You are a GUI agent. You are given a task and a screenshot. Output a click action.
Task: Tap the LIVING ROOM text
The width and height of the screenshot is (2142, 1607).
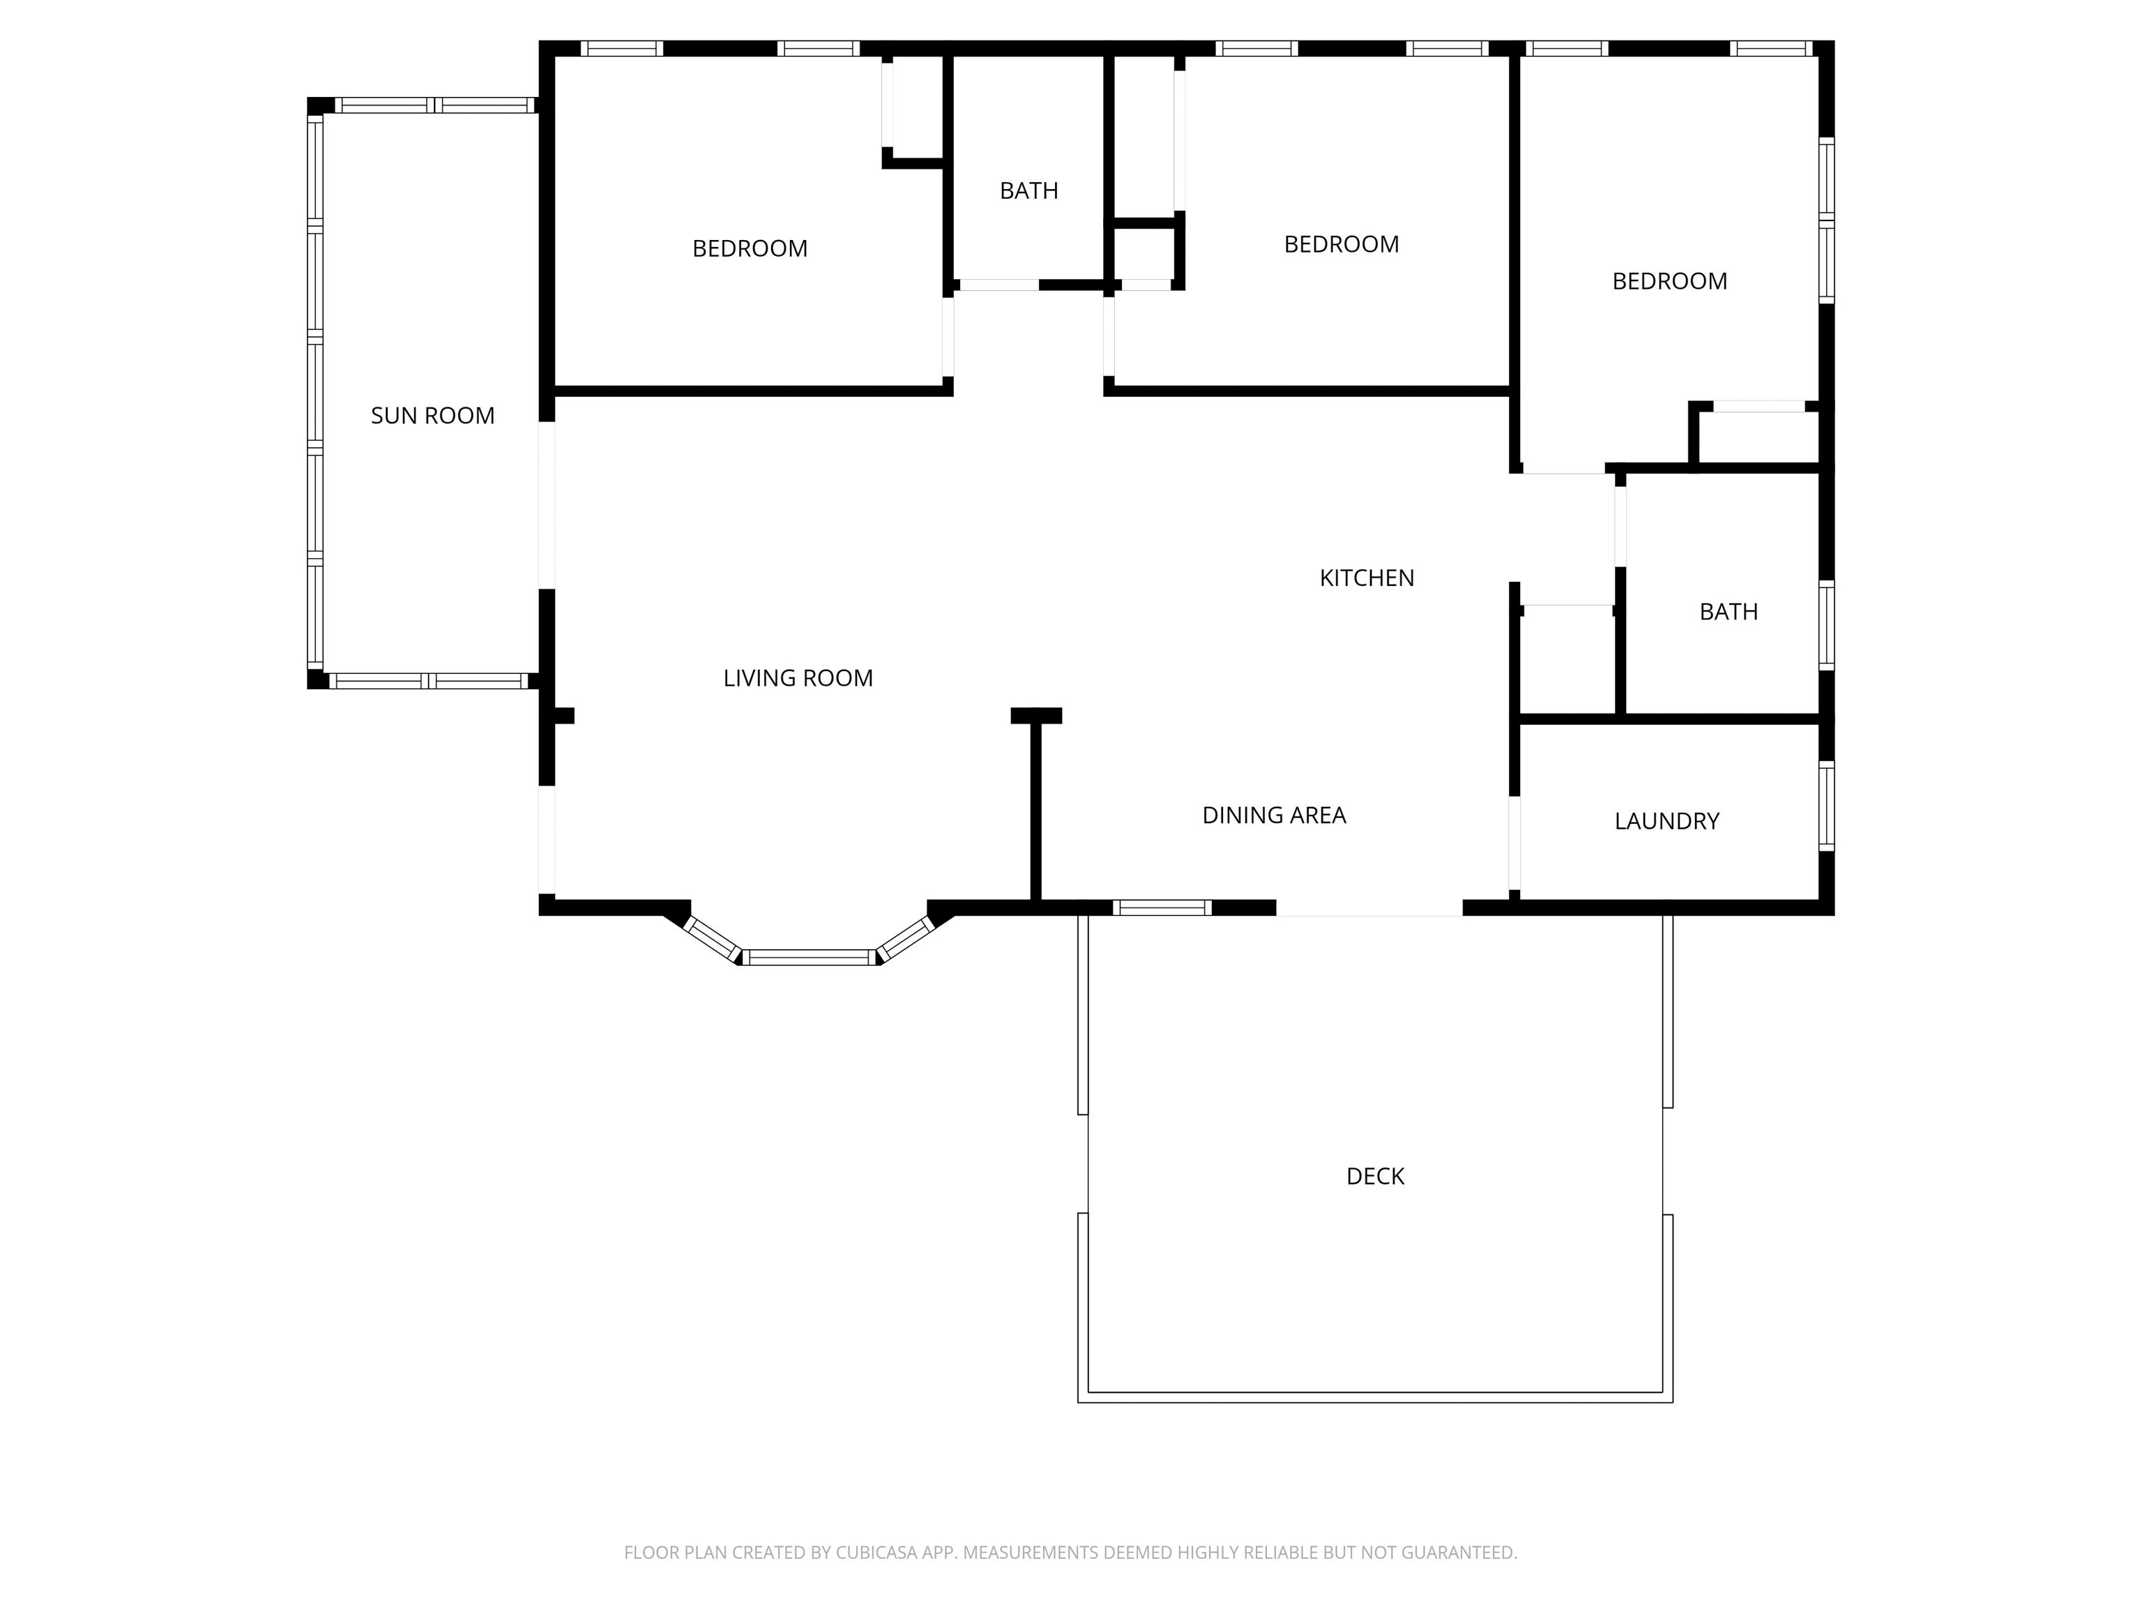798,678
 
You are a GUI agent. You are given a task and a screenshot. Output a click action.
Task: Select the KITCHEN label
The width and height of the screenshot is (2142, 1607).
1367,578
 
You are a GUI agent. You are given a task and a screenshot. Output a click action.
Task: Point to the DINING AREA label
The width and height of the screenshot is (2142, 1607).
1273,815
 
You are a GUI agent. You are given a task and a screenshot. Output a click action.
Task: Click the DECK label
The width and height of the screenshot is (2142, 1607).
1375,1176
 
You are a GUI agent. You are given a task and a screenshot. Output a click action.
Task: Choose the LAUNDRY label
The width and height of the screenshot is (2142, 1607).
1666,822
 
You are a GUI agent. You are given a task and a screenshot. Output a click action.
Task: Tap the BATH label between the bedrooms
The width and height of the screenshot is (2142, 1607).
1028,191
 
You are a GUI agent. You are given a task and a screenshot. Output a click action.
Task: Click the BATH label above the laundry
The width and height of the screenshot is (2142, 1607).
1729,612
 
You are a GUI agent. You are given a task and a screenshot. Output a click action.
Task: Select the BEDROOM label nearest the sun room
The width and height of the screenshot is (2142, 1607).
750,249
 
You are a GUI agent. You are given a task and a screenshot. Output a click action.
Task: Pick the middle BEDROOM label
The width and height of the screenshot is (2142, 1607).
1341,244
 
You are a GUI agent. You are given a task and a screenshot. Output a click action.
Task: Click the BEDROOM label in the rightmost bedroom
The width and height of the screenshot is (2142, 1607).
1669,281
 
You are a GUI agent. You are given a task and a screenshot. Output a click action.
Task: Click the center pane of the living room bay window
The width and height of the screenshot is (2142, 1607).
810,957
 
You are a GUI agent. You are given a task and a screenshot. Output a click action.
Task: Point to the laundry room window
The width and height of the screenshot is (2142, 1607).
1826,806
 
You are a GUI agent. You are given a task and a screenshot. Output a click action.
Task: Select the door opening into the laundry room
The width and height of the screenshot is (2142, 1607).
1514,843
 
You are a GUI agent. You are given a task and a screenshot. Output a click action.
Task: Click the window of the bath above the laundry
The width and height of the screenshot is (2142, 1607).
1826,625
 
